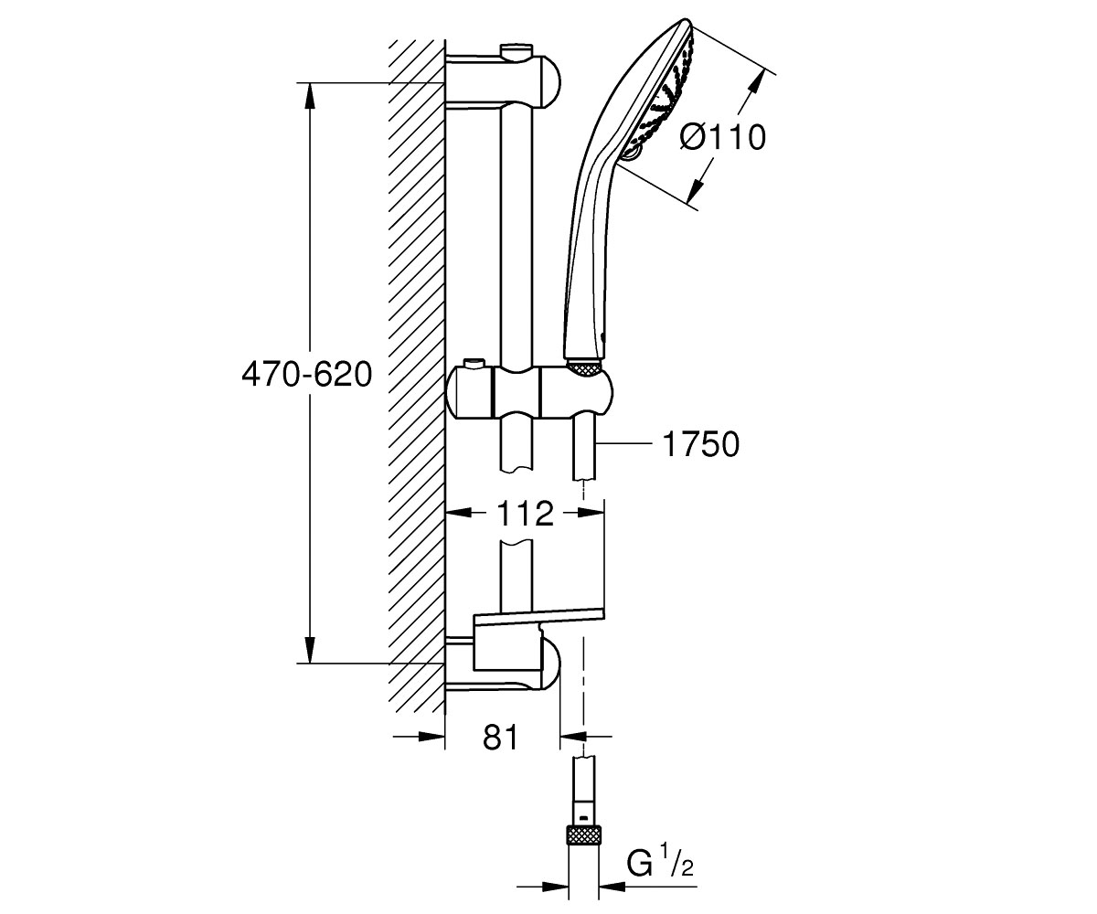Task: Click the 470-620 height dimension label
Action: coord(307,376)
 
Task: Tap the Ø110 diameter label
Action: coord(722,138)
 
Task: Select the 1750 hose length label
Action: coord(701,444)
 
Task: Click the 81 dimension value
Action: coord(501,737)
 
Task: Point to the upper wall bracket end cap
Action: coord(548,83)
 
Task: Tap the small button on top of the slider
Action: coord(474,364)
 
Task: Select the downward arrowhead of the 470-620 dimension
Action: coord(311,650)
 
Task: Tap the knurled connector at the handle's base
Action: coord(584,367)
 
